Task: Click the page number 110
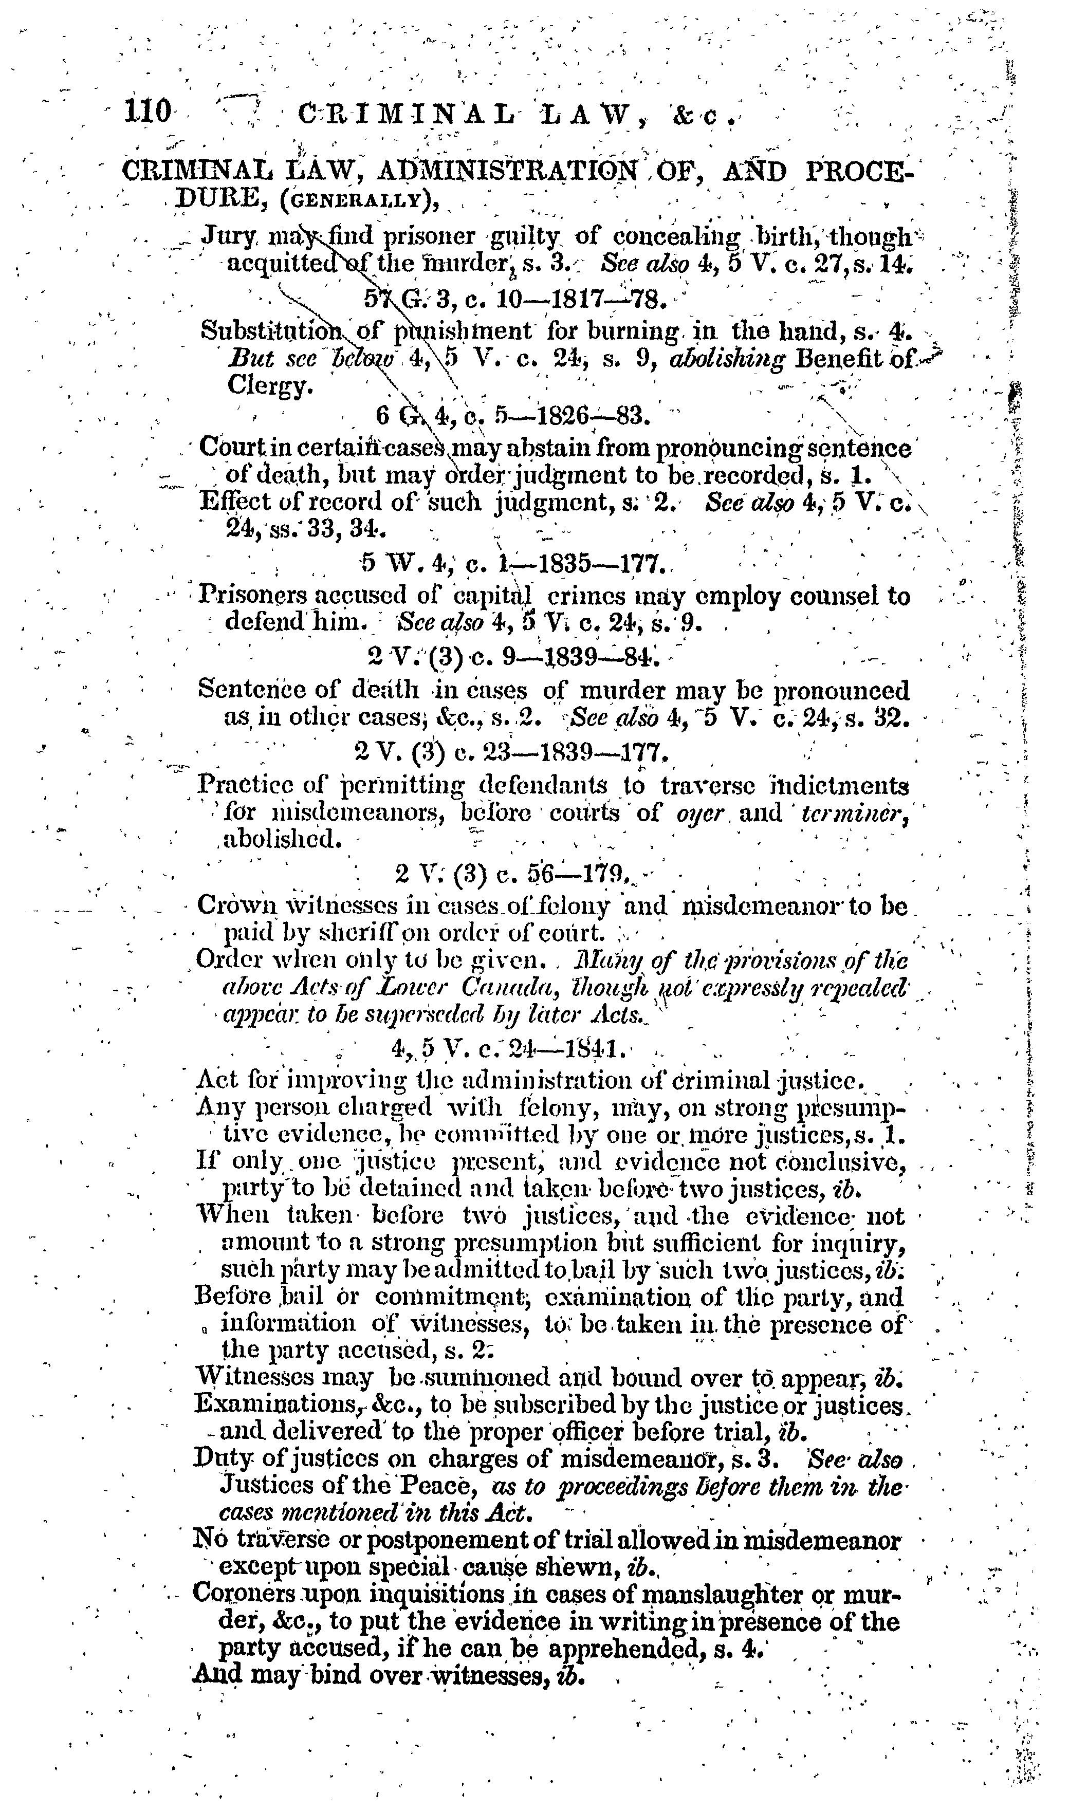(x=148, y=113)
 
